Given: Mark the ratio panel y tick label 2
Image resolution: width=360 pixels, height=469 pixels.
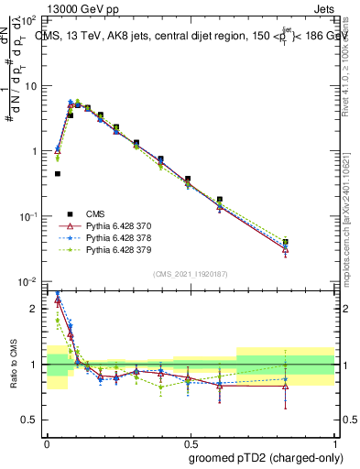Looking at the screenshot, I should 34,309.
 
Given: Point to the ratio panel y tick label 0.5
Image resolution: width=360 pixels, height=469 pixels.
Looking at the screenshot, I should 29,420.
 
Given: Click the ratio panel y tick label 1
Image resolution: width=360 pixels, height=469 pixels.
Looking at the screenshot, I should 34,365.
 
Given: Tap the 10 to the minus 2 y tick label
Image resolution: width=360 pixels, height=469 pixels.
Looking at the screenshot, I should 27,281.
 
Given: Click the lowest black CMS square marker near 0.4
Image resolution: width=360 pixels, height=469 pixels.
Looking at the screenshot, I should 58,173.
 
